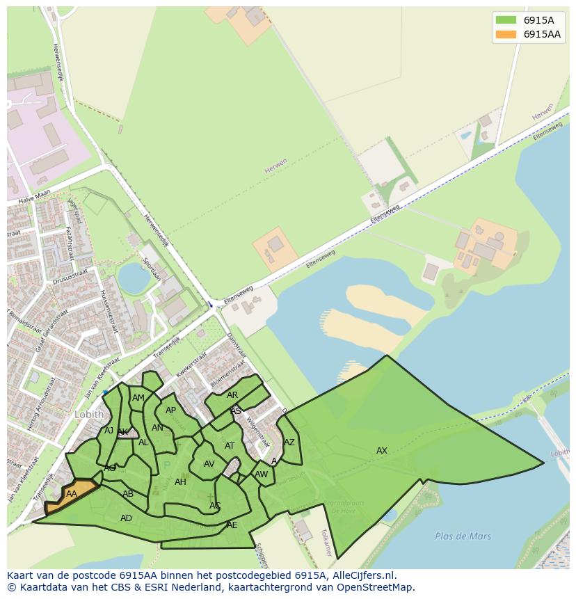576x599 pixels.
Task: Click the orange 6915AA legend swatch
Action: tap(506, 34)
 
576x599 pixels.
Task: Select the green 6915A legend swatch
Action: tap(506, 19)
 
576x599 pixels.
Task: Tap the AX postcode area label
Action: tap(382, 451)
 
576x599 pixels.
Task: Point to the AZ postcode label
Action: tap(289, 442)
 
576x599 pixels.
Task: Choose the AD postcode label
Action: tap(126, 518)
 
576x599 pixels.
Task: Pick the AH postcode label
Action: tap(180, 482)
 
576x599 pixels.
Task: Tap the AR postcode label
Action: tap(232, 395)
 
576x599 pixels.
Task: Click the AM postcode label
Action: tap(138, 398)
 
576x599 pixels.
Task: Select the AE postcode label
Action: tap(232, 525)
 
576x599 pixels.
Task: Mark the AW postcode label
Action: tap(262, 475)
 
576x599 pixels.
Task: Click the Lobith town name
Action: tap(89, 414)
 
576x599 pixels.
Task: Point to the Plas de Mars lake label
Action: tap(463, 536)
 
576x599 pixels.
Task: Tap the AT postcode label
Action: tap(230, 446)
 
